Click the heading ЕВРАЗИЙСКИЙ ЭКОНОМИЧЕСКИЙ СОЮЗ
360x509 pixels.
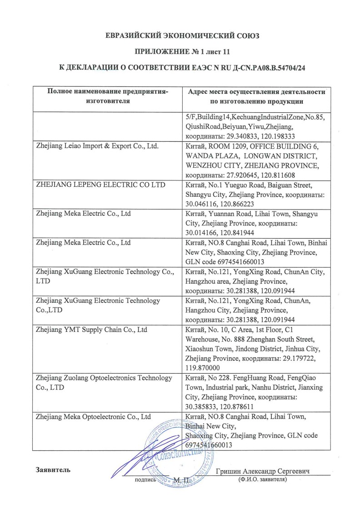coord(180,35)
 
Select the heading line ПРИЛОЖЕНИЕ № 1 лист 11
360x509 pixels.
coord(180,52)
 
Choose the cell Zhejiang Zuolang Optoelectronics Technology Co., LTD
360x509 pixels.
coord(104,383)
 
